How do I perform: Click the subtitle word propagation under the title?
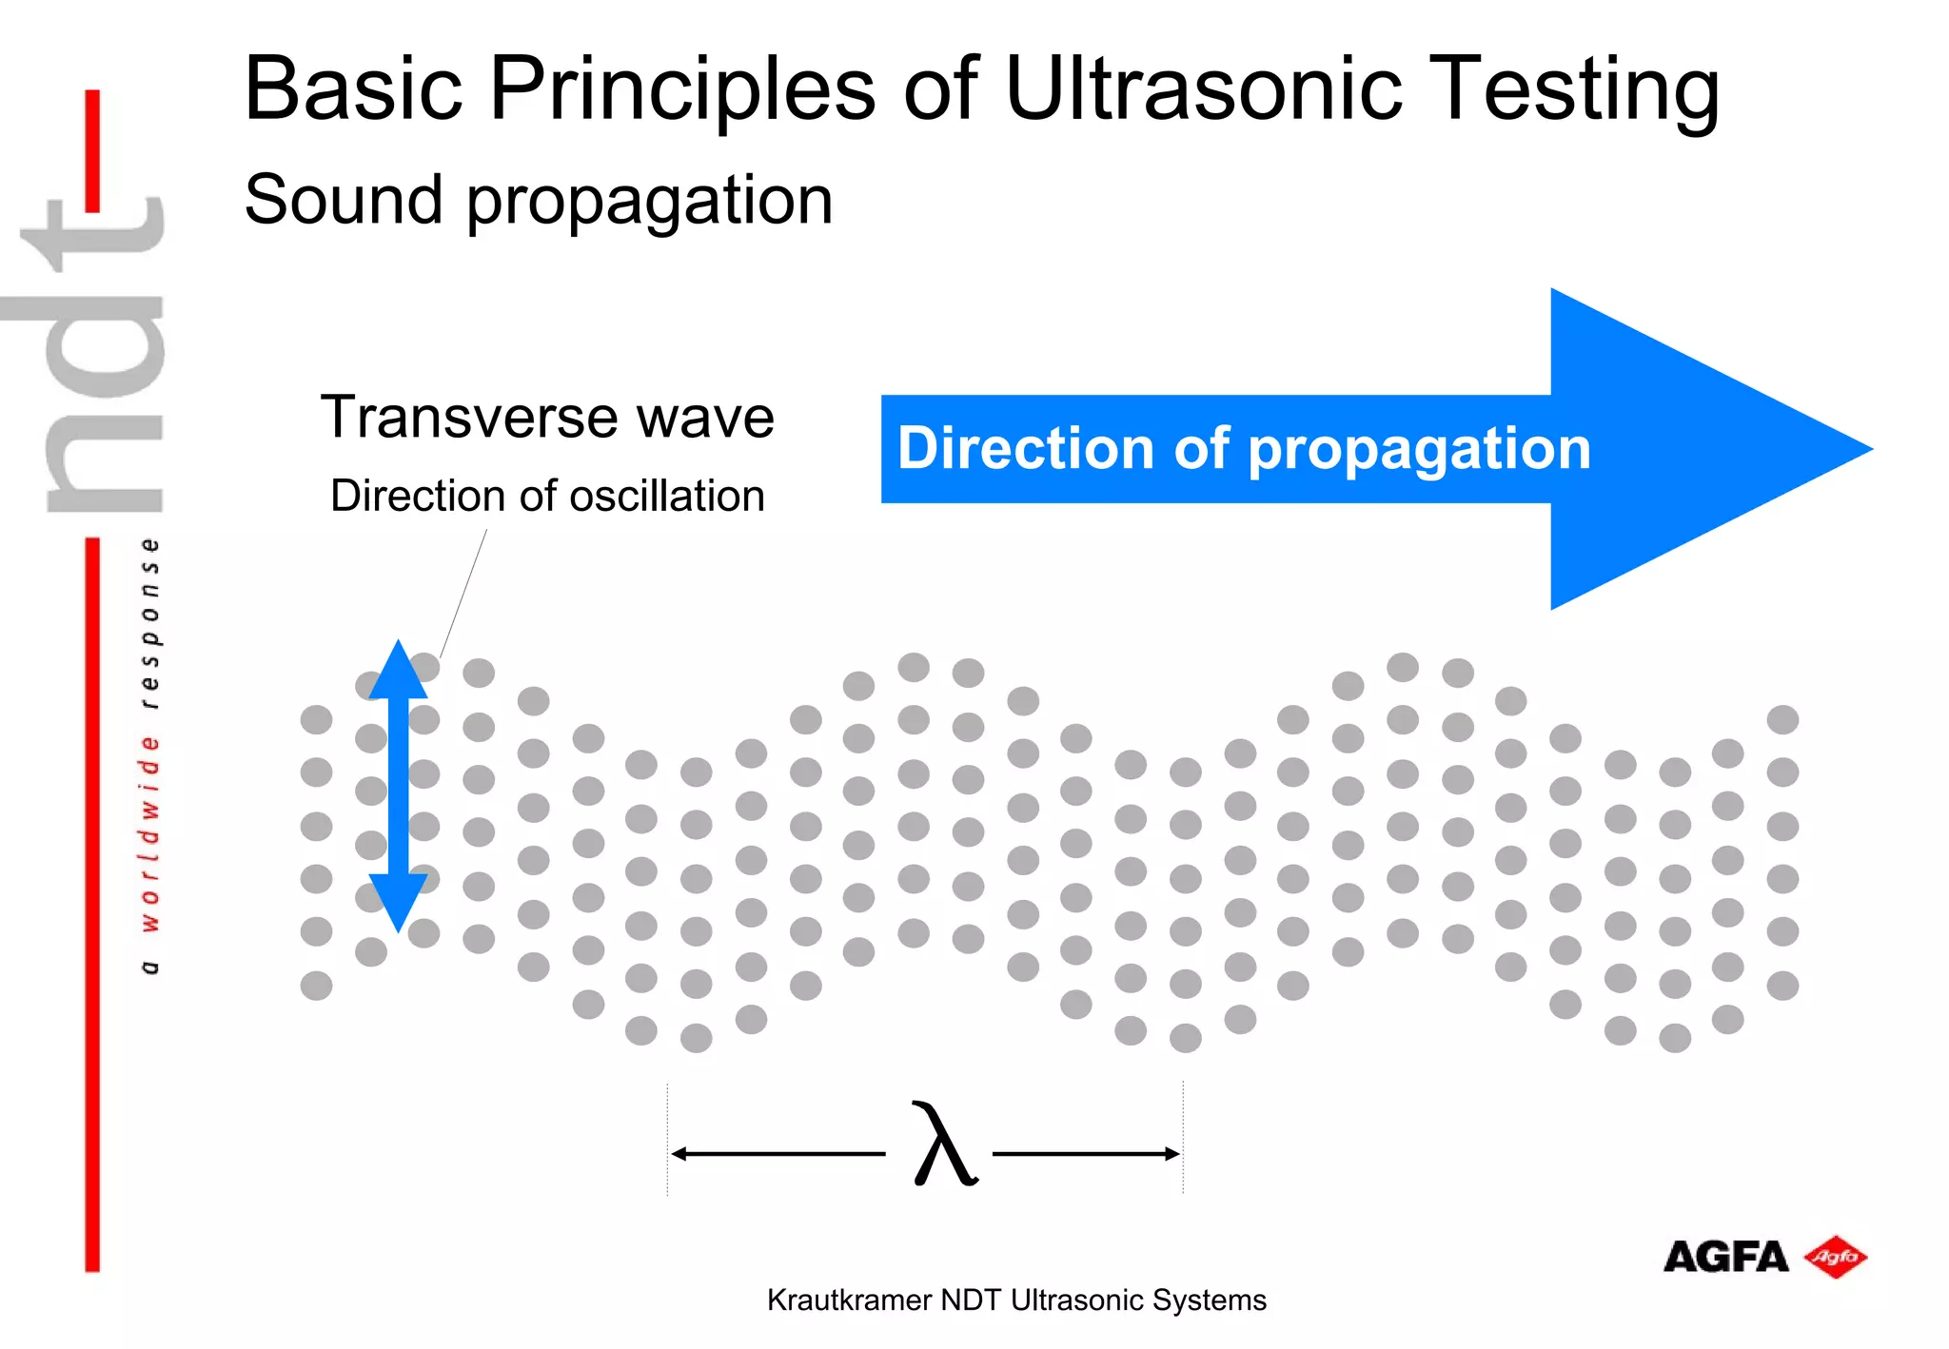649,202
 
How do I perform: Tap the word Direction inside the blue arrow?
1026,448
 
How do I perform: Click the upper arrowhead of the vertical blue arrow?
398,670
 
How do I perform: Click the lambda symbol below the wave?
941,1144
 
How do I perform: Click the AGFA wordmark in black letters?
1725,1257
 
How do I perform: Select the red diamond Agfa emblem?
1835,1257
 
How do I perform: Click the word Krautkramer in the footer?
849,1300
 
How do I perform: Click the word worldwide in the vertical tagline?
149,833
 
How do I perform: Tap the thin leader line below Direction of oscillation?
463,594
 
